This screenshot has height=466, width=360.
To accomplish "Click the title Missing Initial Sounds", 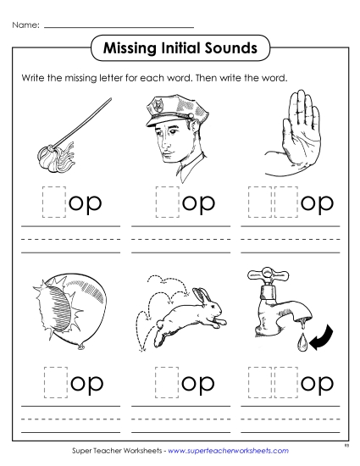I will coord(180,48).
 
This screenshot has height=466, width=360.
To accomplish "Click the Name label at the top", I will coord(25,26).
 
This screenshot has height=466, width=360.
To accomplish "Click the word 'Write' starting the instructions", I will coord(33,78).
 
